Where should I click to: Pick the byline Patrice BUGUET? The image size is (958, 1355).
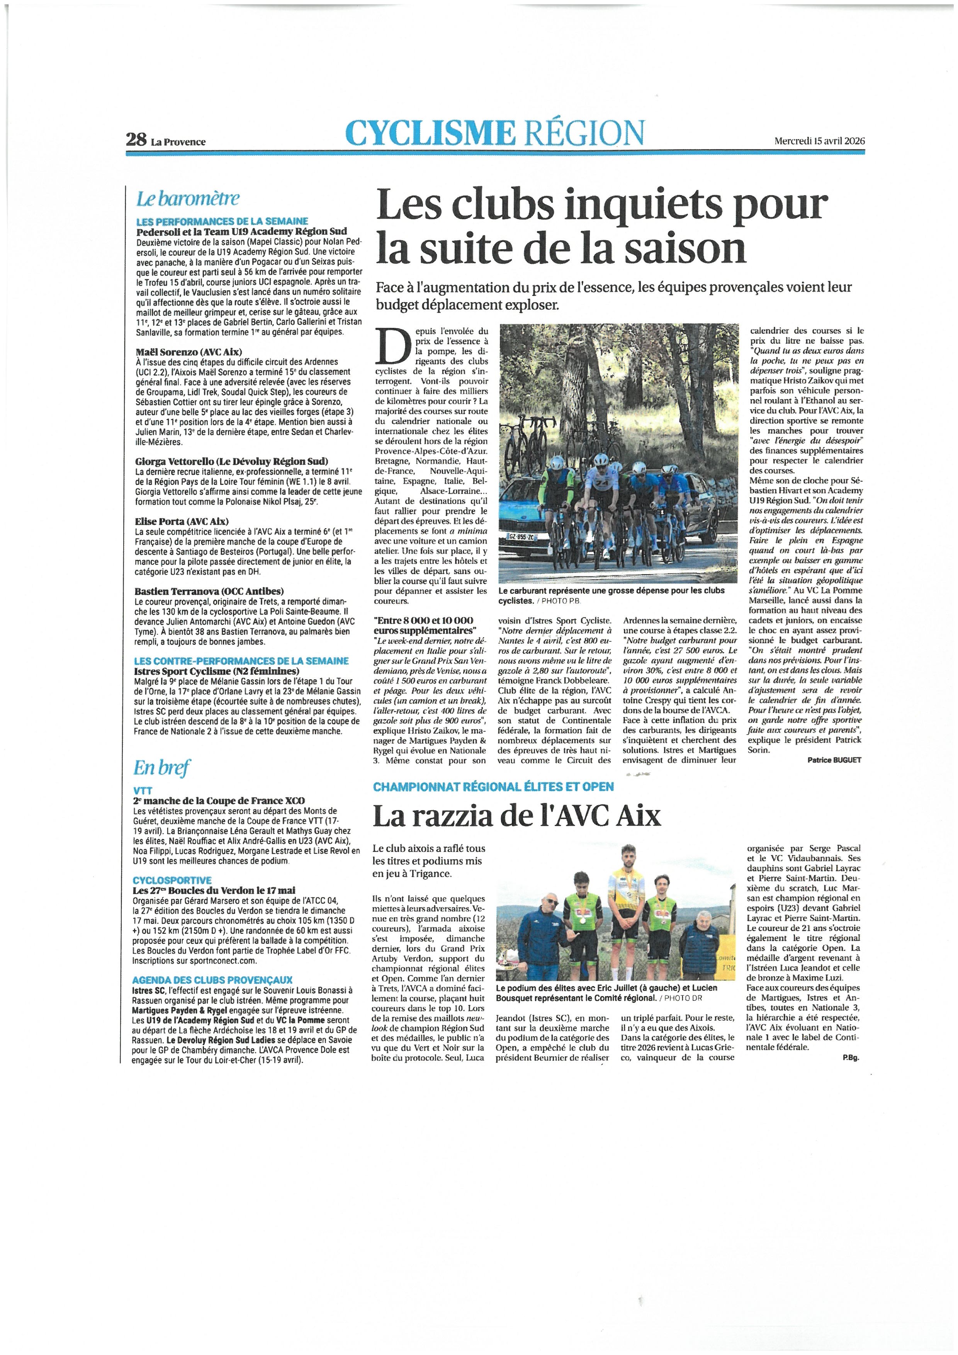coord(834,760)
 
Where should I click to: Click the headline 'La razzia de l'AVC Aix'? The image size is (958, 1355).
coord(517,817)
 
